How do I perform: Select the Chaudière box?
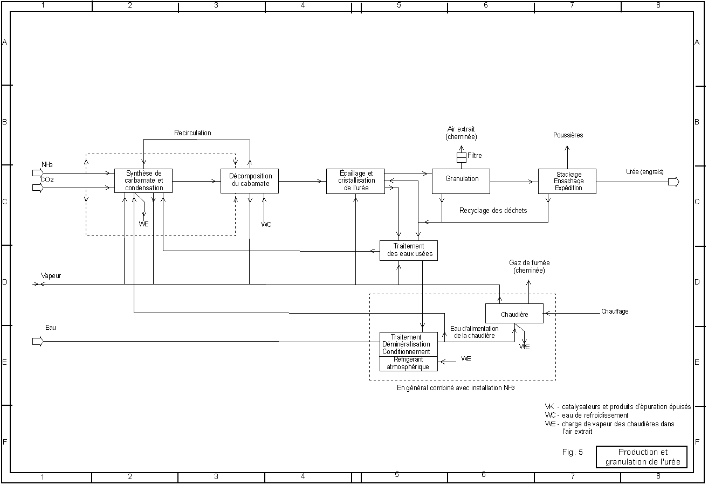(514, 314)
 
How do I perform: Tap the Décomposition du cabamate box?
(250, 181)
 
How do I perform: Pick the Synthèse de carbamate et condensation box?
(143, 181)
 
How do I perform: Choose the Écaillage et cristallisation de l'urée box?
(355, 181)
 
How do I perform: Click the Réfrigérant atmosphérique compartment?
(408, 364)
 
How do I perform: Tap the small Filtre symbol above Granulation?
(461, 157)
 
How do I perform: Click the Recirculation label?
(193, 133)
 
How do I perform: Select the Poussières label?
(568, 135)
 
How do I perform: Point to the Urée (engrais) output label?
(644, 172)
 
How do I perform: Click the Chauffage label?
(614, 311)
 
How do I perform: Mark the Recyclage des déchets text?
(493, 211)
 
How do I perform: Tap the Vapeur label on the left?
(51, 275)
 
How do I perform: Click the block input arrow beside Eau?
(37, 341)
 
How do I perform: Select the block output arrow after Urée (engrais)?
(673, 182)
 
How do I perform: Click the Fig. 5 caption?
(572, 453)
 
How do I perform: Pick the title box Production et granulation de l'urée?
(642, 457)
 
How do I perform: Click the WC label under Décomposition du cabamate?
(266, 224)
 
